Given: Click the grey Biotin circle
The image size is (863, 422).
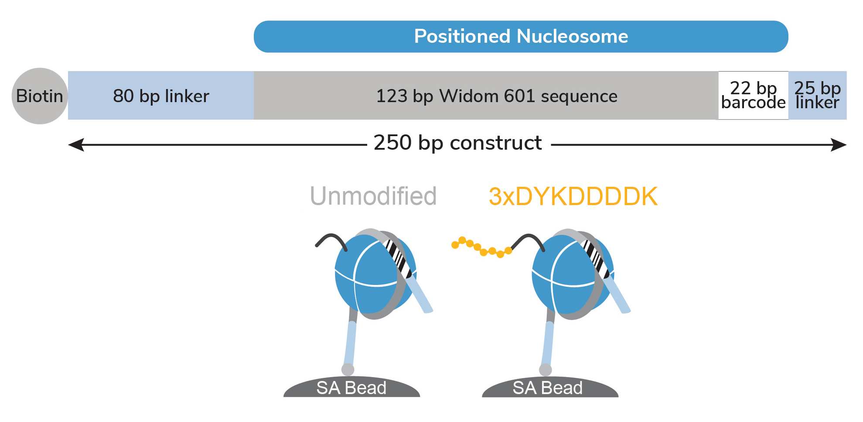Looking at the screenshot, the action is pos(40,96).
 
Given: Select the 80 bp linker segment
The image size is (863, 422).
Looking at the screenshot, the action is pos(161,96).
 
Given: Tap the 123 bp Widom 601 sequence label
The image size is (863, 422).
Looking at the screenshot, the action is pos(497,96).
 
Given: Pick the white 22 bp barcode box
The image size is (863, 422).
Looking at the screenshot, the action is pos(753,96).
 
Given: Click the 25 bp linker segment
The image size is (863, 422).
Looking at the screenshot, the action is pos(818,96).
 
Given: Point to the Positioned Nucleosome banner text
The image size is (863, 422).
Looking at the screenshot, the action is pos(521,36).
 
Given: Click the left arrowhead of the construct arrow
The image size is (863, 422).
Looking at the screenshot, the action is pos(76,145).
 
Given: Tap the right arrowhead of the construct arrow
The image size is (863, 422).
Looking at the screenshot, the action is pos(839,145).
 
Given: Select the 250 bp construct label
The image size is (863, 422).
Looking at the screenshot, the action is pos(458,143).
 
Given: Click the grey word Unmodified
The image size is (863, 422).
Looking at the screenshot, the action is pos(373,196).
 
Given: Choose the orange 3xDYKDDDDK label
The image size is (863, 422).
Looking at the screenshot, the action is pos(573,196).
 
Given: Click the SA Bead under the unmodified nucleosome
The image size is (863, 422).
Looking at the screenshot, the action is pos(351,387).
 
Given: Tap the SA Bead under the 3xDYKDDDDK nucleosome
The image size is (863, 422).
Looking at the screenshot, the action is pos(550,387).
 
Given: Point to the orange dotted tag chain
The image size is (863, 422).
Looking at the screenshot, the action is pos(482,247).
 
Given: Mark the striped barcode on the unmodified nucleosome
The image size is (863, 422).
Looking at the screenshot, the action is pos(399,258).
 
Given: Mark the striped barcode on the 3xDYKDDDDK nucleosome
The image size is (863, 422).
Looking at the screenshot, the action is pos(596,258).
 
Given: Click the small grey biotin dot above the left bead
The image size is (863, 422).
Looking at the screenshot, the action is pos(348,370).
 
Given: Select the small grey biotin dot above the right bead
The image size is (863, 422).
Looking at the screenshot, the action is pos(546,370).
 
